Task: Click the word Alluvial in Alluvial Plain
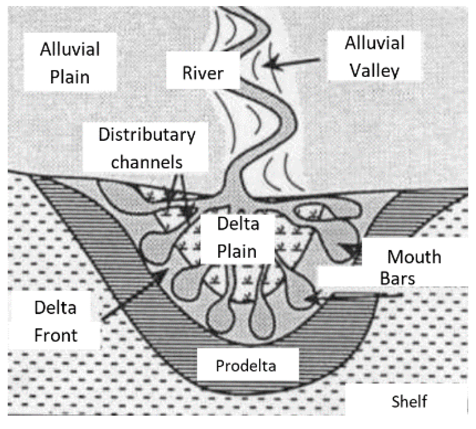pos(70,50)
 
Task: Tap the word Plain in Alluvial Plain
pos(70,76)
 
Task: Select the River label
pos(203,73)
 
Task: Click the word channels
pos(147,161)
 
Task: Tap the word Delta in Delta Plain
pos(238,224)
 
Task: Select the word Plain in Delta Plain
pos(237,251)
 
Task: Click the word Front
pos(56,336)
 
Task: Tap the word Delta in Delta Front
pos(55,308)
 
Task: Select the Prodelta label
pos(246,366)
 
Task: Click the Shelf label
pos(409,401)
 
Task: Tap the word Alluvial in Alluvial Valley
pos(375,43)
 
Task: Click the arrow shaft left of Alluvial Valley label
pos(300,61)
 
